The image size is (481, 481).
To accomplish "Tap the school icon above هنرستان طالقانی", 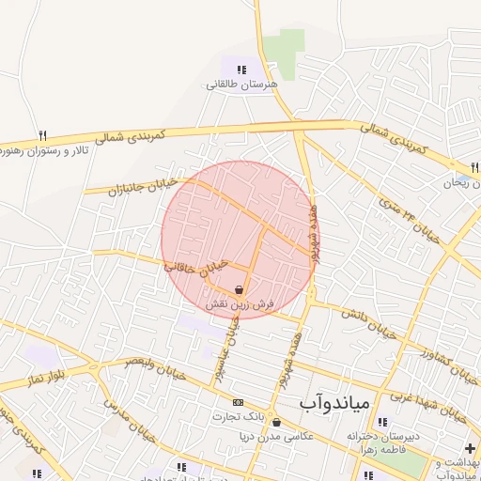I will [x=241, y=69].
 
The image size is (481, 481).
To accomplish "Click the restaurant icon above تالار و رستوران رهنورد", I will [x=42, y=135].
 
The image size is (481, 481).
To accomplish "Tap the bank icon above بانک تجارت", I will [x=236, y=402].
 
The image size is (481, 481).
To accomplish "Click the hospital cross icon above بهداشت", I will [x=469, y=449].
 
